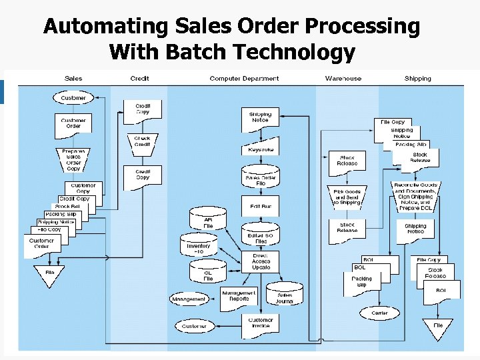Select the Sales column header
click(73, 79)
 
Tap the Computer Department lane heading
click(244, 79)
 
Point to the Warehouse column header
click(343, 79)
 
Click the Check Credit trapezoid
click(143, 141)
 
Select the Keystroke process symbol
click(260, 149)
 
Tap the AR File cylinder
click(208, 221)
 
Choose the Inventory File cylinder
click(198, 247)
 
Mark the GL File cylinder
click(208, 273)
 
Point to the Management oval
click(189, 299)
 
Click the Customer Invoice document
click(261, 323)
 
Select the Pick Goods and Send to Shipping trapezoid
click(347, 197)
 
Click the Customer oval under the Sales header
click(73, 98)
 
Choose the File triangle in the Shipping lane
click(437, 327)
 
